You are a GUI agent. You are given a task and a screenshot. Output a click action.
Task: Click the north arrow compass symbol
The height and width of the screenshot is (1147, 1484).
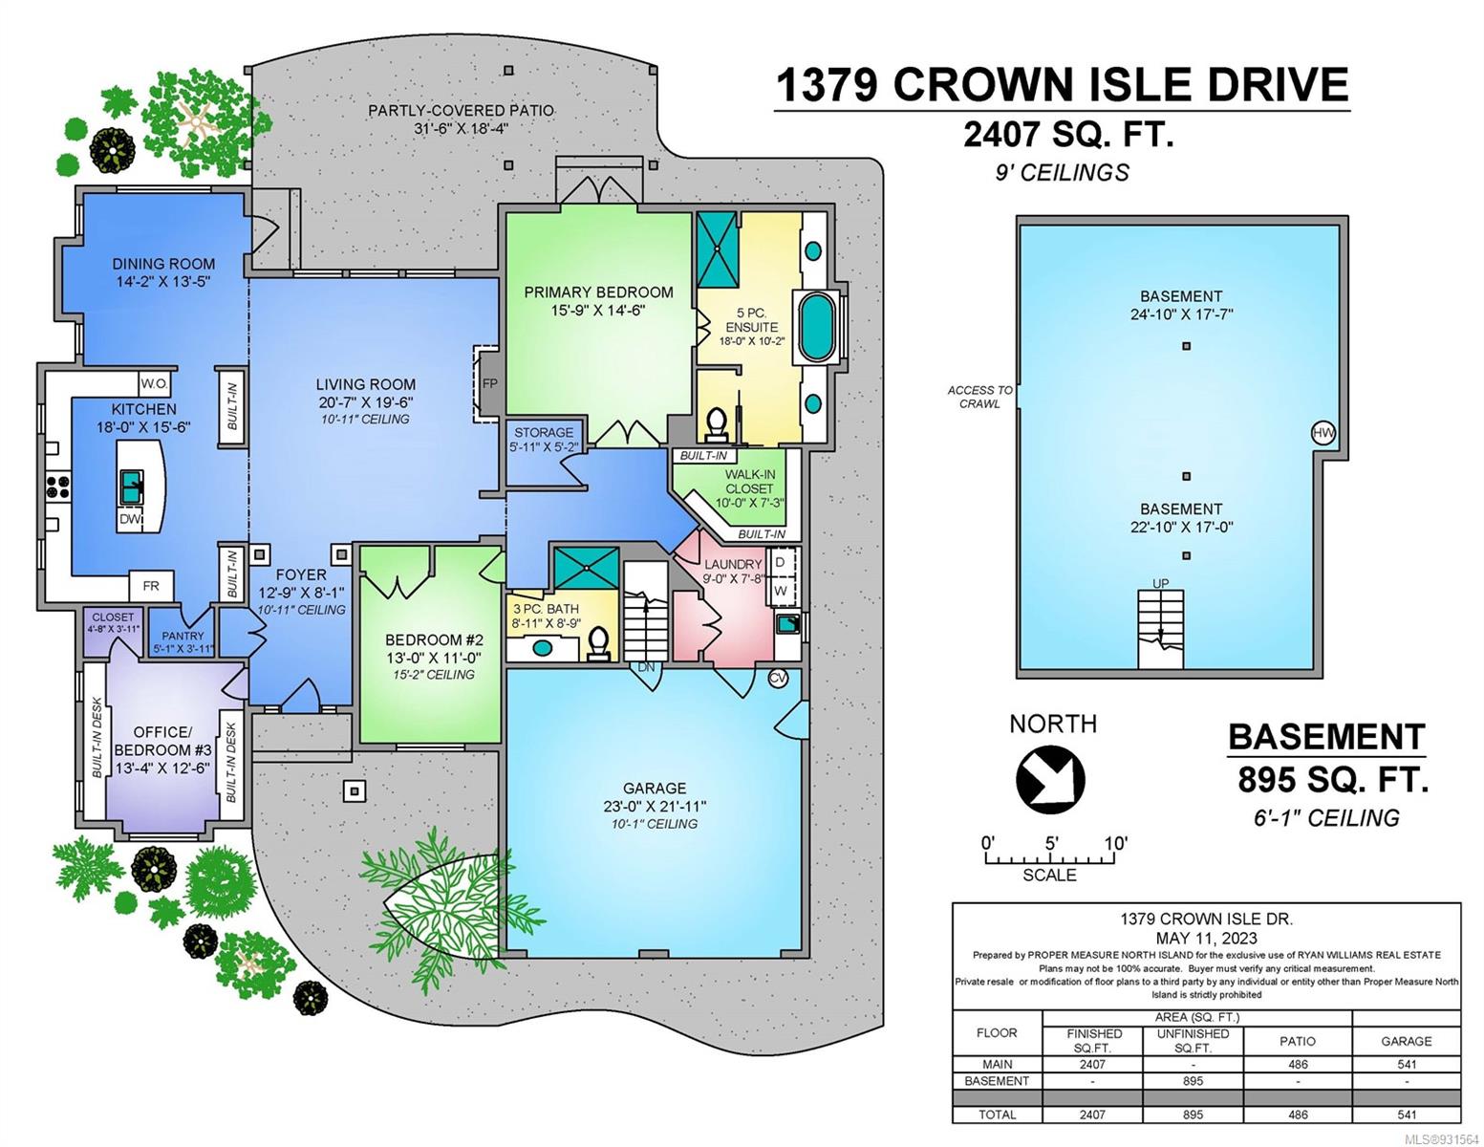(1049, 779)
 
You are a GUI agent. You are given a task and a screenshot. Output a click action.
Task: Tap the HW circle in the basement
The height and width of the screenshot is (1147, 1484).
(1323, 432)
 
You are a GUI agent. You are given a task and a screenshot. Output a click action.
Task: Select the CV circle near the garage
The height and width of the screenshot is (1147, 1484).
(778, 678)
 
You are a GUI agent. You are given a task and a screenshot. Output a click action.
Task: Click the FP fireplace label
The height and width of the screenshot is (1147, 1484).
(489, 383)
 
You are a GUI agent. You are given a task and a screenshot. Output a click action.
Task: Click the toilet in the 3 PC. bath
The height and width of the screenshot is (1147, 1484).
(598, 642)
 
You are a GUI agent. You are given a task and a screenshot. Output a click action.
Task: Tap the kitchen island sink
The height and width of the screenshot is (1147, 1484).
(131, 487)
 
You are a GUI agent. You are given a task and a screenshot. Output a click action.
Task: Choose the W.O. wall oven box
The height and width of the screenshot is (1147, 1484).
(154, 383)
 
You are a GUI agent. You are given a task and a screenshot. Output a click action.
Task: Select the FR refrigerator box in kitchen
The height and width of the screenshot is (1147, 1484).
(151, 586)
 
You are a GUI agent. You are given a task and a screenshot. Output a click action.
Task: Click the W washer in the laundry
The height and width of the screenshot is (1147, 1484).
(780, 591)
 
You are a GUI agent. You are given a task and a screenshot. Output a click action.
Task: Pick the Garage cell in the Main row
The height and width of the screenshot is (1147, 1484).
(1407, 1064)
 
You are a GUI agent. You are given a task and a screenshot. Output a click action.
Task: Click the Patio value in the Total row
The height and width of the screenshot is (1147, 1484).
(1298, 1115)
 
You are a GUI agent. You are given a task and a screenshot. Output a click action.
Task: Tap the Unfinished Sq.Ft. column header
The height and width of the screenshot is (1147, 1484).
(1193, 1041)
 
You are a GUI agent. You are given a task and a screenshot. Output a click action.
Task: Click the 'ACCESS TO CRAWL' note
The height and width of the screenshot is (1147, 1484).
(979, 397)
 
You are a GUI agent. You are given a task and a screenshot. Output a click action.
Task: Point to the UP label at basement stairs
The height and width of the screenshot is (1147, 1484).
(1160, 583)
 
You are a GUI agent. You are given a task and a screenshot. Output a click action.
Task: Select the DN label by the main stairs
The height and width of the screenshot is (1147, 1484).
(646, 667)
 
